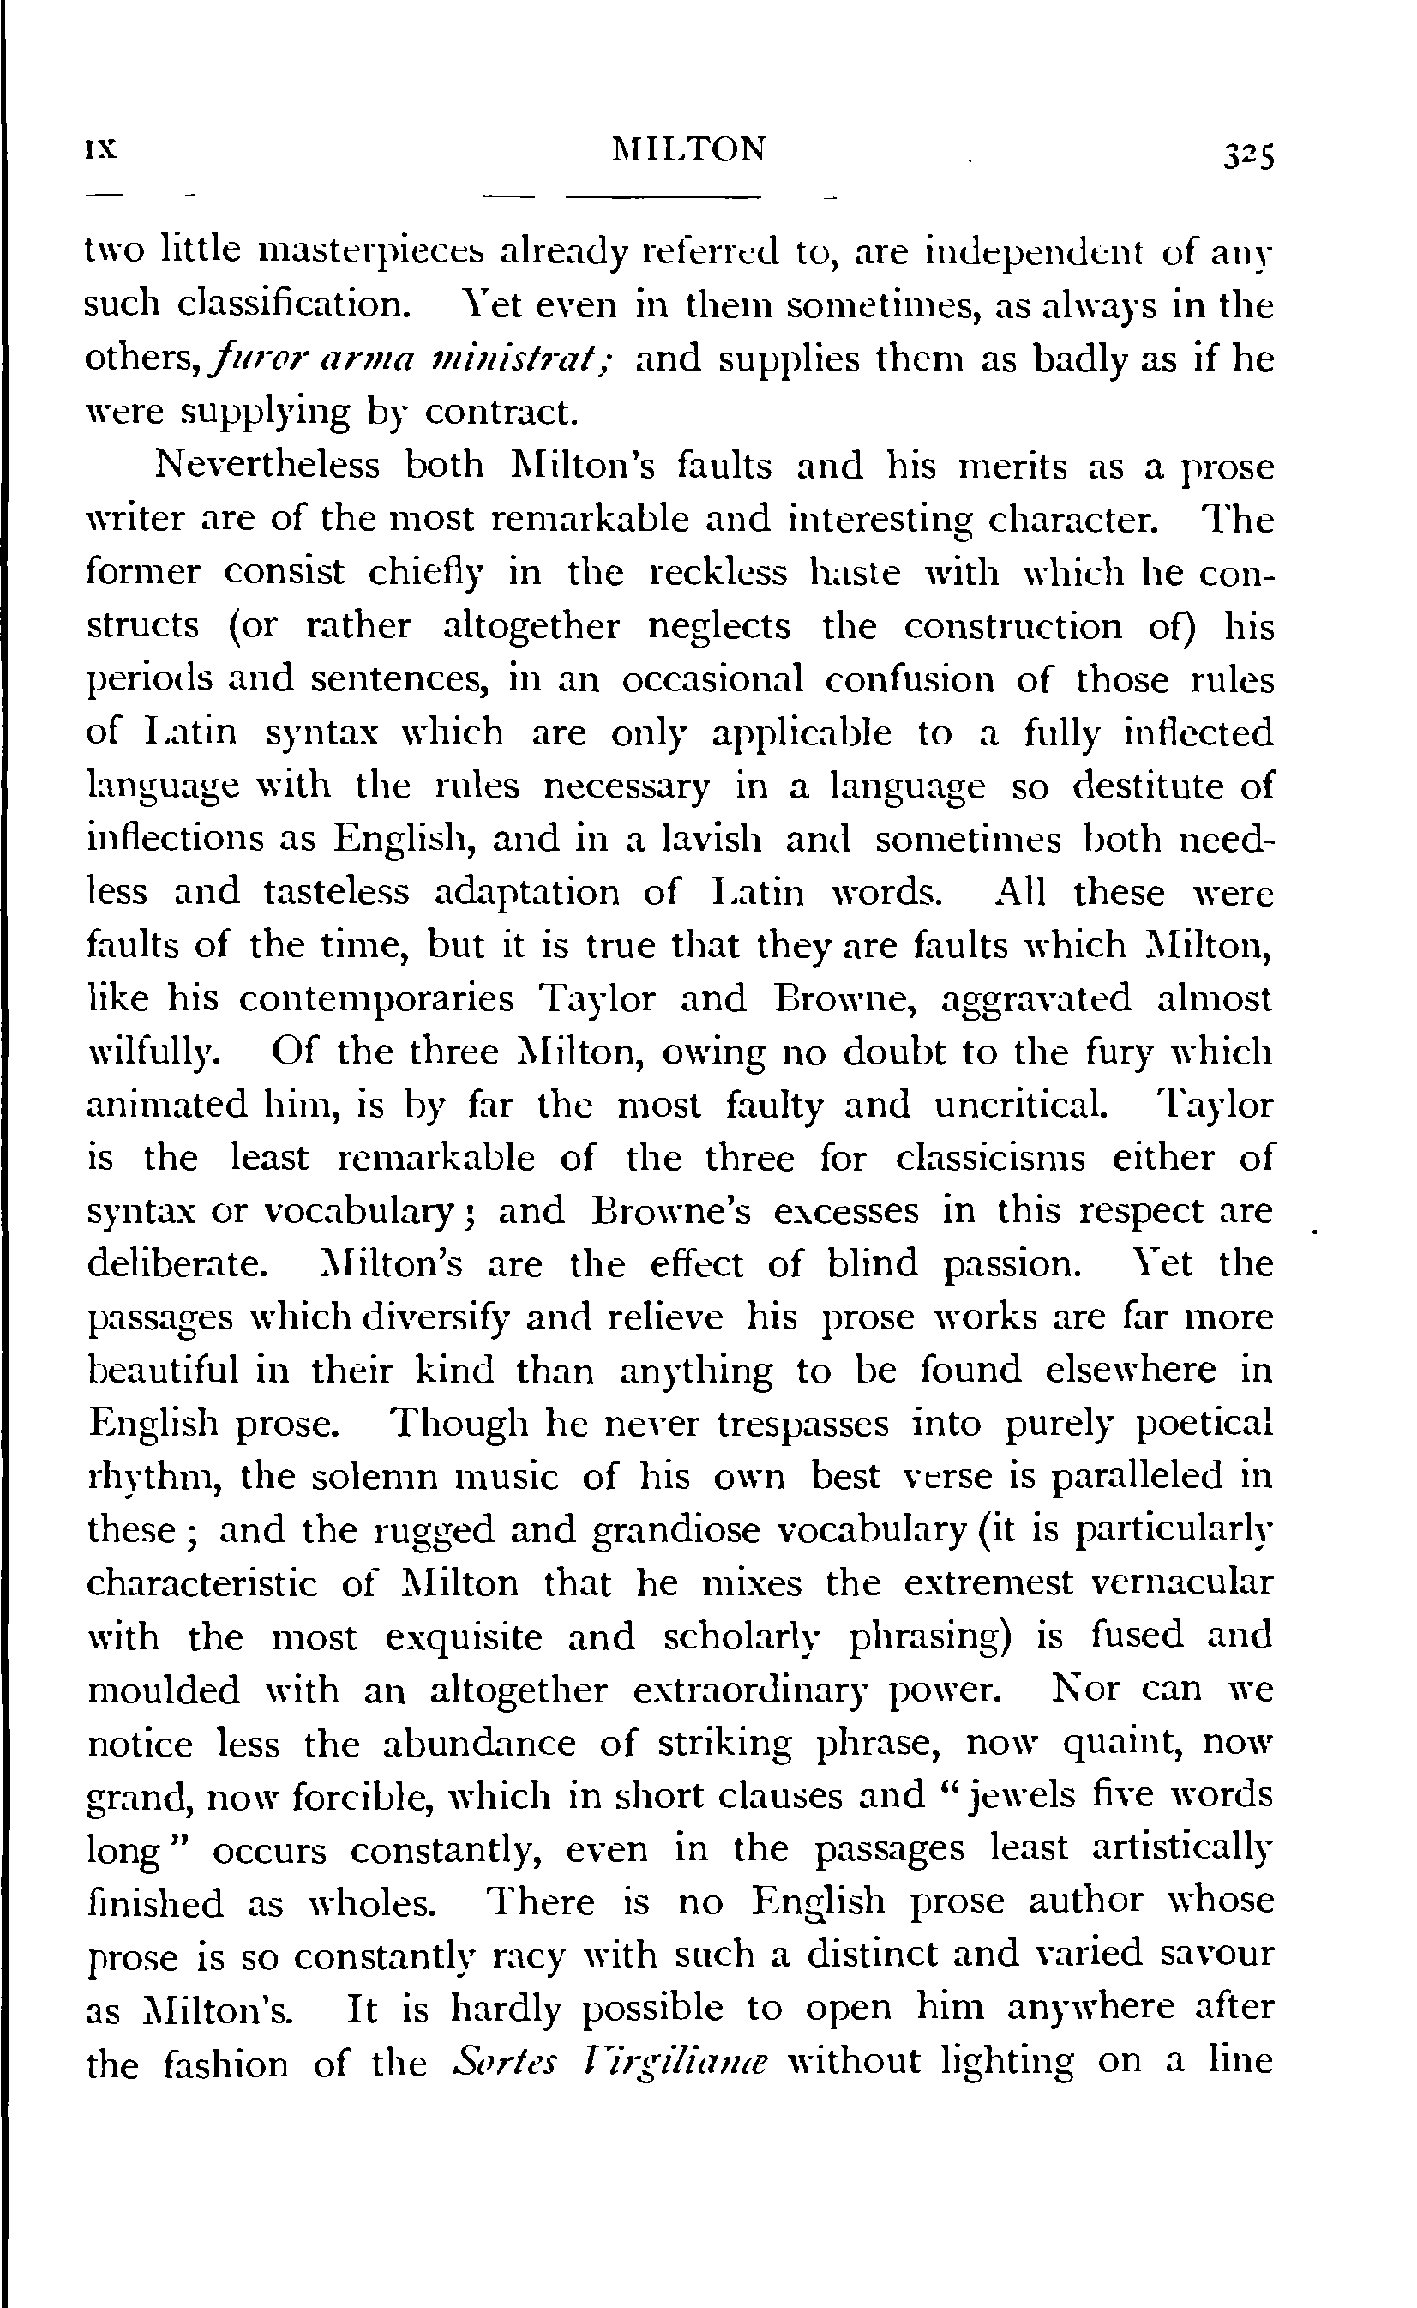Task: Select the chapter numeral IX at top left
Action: click(100, 149)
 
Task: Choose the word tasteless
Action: click(335, 891)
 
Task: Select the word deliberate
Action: click(172, 1264)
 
